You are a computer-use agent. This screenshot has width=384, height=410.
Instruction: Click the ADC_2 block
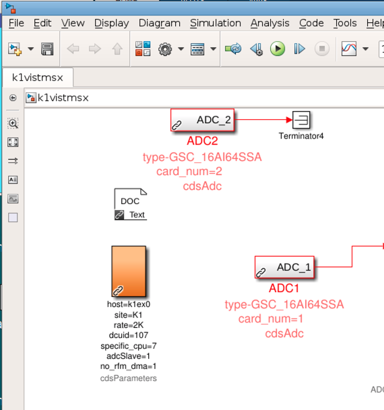(x=202, y=120)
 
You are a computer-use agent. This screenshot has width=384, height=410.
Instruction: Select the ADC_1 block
(x=284, y=267)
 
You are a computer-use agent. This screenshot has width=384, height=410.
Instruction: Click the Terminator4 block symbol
(x=301, y=120)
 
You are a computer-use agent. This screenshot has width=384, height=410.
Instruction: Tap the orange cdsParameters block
(x=129, y=271)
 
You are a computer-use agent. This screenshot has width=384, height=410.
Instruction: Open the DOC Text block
(x=131, y=204)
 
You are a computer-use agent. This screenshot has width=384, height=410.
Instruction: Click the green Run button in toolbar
(x=278, y=48)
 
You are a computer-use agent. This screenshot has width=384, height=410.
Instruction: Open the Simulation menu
(x=216, y=24)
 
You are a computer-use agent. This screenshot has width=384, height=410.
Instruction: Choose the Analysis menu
(x=270, y=24)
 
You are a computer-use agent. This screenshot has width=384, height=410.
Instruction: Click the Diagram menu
(x=160, y=24)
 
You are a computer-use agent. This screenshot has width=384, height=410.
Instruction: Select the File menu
(x=16, y=24)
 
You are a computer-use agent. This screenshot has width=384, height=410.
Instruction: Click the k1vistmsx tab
(x=38, y=77)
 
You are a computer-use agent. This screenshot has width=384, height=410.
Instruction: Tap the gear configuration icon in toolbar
(x=165, y=49)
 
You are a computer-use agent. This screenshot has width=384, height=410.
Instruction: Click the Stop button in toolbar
(x=322, y=48)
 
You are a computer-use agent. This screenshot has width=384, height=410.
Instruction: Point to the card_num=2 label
(x=189, y=172)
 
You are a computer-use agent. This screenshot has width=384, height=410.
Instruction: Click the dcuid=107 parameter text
(x=129, y=335)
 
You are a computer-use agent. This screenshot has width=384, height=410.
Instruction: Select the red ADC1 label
(x=284, y=288)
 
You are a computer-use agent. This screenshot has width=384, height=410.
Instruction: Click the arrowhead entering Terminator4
(x=289, y=120)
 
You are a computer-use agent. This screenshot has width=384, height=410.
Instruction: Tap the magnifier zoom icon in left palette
(x=13, y=123)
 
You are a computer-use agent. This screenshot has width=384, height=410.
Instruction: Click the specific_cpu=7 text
(x=129, y=346)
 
